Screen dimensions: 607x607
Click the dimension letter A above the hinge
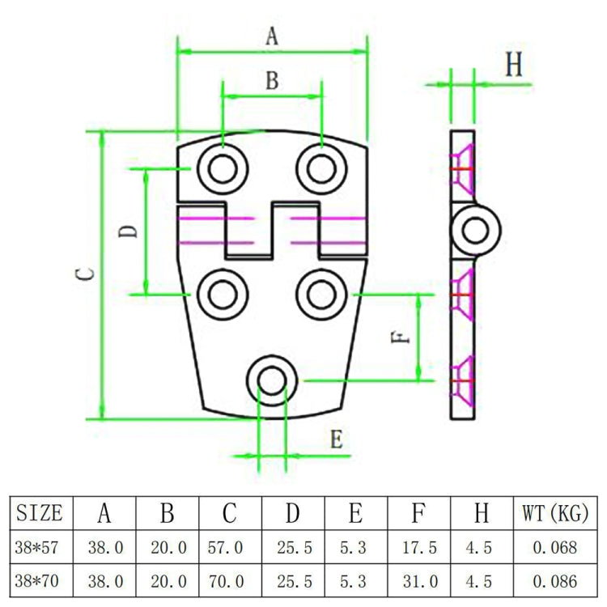272,36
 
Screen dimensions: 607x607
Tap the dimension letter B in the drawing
272,80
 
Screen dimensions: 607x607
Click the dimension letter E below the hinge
337,440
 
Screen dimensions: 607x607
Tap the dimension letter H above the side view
514,66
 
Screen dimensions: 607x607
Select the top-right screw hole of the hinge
321,168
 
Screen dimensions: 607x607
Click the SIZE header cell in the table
40,512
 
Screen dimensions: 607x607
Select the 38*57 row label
40,547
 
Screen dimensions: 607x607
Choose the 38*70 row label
40,580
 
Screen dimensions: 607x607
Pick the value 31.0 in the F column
419,580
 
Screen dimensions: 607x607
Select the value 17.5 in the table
419,547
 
